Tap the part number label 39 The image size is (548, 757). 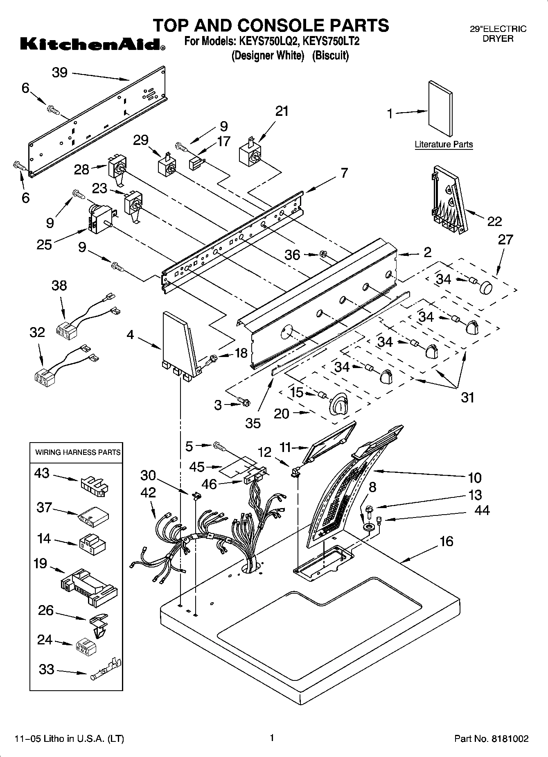point(60,72)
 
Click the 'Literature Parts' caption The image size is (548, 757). point(444,145)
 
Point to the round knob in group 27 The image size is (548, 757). point(486,287)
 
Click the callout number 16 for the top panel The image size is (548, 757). point(447,541)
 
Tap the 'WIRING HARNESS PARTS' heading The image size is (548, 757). point(78,452)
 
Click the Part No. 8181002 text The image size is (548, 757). point(491,739)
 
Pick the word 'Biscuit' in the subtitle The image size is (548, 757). point(330,56)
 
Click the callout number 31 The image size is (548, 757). point(467,397)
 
